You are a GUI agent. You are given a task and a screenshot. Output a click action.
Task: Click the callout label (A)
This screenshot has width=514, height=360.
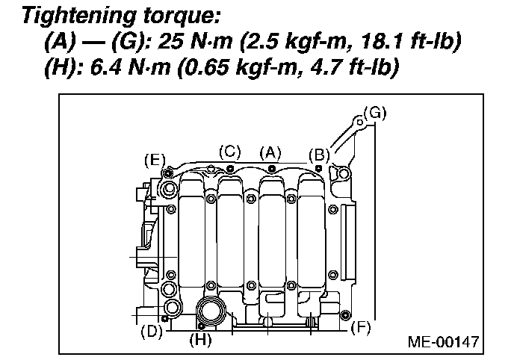270,152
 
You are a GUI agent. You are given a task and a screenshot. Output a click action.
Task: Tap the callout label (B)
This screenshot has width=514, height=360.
319,155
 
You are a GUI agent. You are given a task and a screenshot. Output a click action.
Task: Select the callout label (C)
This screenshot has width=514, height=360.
229,151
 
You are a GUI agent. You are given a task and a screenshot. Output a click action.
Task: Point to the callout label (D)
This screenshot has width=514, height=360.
152,331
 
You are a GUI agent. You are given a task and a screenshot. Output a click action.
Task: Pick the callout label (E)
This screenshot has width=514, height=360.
155,159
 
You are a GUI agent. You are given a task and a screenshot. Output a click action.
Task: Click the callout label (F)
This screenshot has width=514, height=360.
360,326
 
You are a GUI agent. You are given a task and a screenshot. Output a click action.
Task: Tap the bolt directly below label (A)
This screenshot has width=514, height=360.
270,168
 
